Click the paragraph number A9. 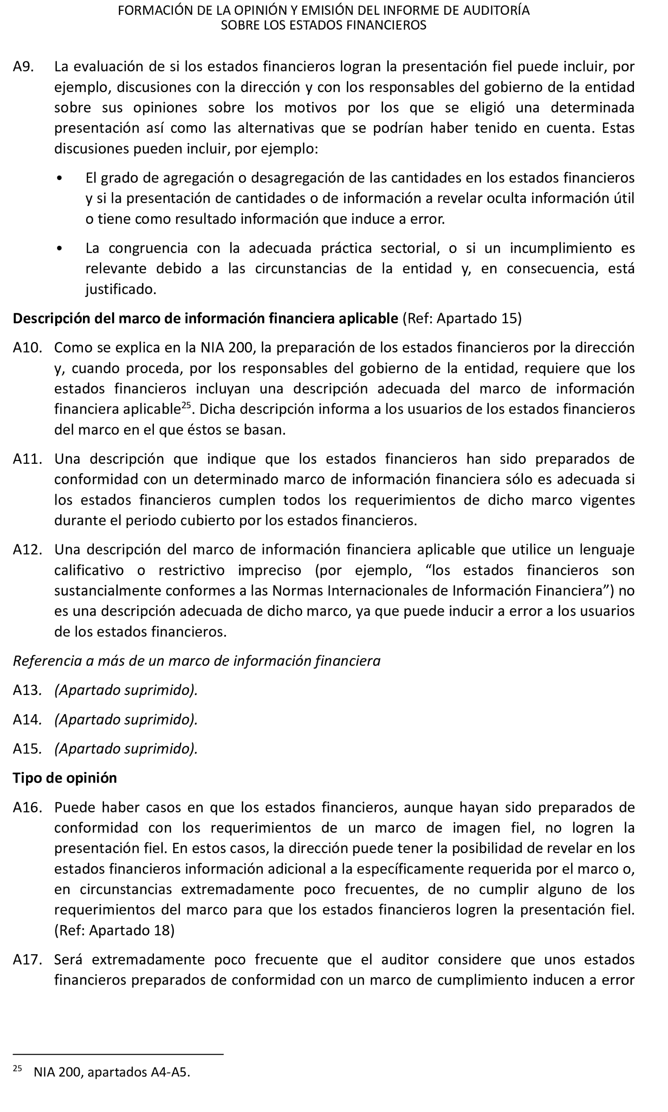pyautogui.click(x=23, y=66)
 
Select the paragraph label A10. pyautogui.click(x=27, y=347)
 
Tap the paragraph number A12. pyautogui.click(x=27, y=549)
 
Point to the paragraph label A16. pyautogui.click(x=27, y=807)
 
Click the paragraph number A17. pyautogui.click(x=27, y=959)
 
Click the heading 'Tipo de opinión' pyautogui.click(x=65, y=778)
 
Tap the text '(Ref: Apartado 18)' pyautogui.click(x=114, y=930)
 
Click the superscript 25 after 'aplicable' pyautogui.click(x=186, y=405)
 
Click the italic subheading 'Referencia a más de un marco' pyautogui.click(x=196, y=661)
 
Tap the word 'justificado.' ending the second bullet pyautogui.click(x=121, y=289)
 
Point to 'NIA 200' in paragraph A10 pyautogui.click(x=227, y=347)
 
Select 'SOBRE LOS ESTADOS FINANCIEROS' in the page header pyautogui.click(x=323, y=25)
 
